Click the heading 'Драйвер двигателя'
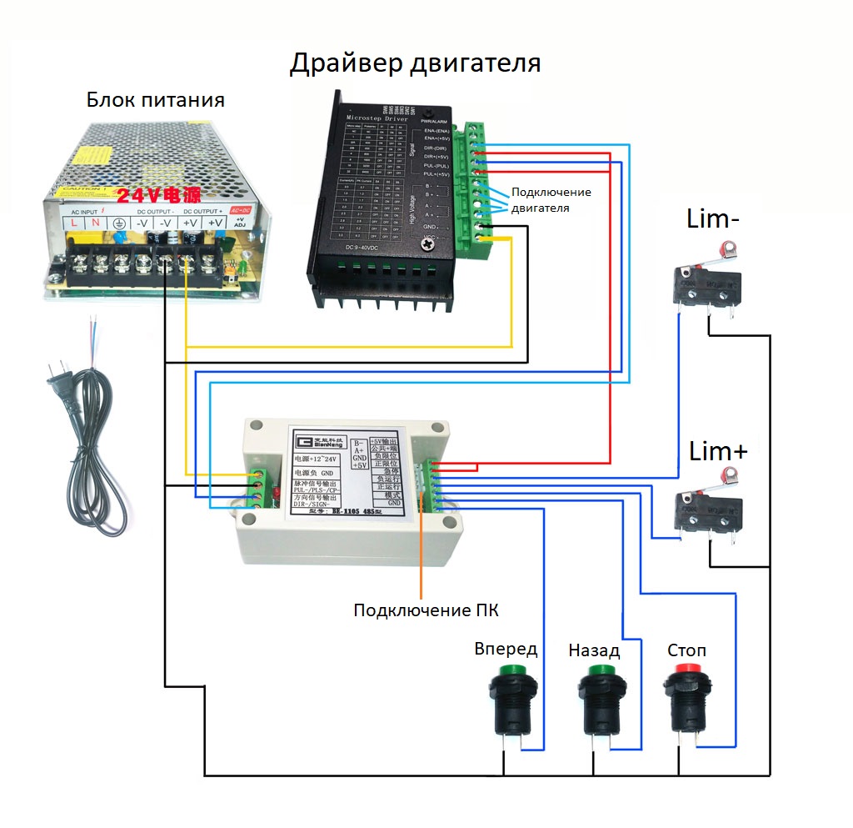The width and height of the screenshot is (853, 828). [x=415, y=63]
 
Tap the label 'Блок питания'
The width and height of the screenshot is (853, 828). [x=156, y=101]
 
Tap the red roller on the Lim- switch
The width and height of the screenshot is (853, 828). [x=730, y=248]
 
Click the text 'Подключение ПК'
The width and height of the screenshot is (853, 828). [x=426, y=610]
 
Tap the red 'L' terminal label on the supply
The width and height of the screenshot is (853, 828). [x=74, y=223]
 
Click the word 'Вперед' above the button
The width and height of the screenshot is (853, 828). [x=506, y=649]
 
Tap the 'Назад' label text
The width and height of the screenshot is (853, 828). [x=594, y=649]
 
